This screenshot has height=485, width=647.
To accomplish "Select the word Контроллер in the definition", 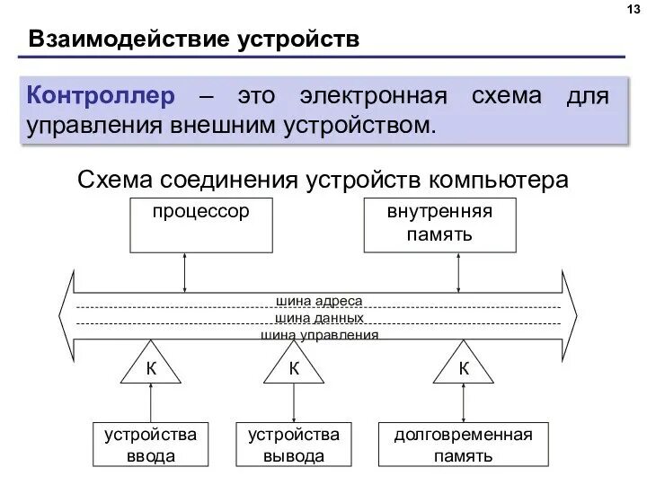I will [98, 95].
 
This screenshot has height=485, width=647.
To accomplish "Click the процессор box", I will [202, 225].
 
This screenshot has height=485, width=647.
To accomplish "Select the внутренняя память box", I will [439, 225].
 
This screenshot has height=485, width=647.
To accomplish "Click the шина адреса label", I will [319, 302].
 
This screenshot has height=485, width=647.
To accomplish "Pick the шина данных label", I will [319, 318].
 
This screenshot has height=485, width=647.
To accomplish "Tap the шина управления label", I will [319, 334].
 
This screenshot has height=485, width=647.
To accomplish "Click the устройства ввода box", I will [150, 445].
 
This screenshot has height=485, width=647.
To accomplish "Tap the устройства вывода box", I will [293, 445].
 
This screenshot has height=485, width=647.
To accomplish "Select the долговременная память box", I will [463, 445].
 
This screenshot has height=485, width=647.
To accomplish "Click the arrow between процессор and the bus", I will [185, 272].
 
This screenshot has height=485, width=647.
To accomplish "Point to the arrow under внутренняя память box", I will [458, 272].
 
